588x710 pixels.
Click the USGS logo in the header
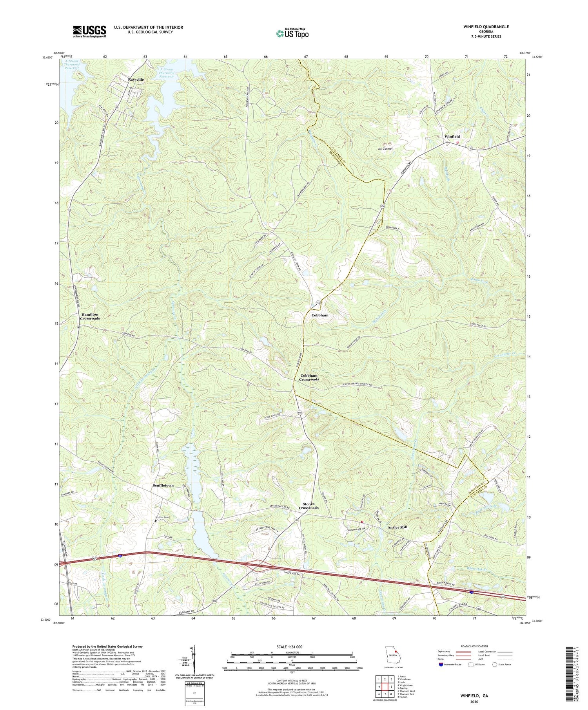89,31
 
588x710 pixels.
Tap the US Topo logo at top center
292,33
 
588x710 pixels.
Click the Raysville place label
136,79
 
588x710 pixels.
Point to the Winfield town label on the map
452,136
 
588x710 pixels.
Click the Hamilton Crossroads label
91,316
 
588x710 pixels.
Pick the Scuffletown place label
163,485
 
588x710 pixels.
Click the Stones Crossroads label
309,506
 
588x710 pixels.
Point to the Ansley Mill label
397,527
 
